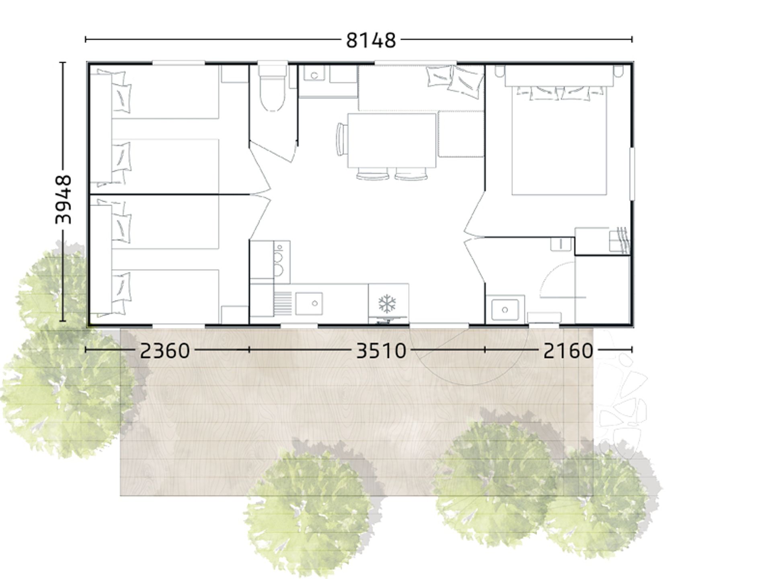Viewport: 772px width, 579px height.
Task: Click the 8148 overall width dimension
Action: click(x=371, y=40)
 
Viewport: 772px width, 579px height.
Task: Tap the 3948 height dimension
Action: click(x=63, y=200)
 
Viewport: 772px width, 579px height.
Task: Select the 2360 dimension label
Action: click(x=164, y=351)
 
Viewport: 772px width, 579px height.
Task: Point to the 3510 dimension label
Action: click(x=381, y=351)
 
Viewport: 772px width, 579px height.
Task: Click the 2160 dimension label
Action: click(x=568, y=351)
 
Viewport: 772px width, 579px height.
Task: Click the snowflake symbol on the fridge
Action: click(x=387, y=304)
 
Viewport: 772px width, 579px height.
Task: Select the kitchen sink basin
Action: click(x=309, y=304)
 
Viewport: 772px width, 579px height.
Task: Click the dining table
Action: click(x=392, y=140)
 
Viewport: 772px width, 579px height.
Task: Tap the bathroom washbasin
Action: click(x=505, y=310)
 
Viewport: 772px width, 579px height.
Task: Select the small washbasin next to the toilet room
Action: click(x=314, y=75)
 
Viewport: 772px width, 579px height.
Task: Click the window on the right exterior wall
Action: click(x=632, y=174)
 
